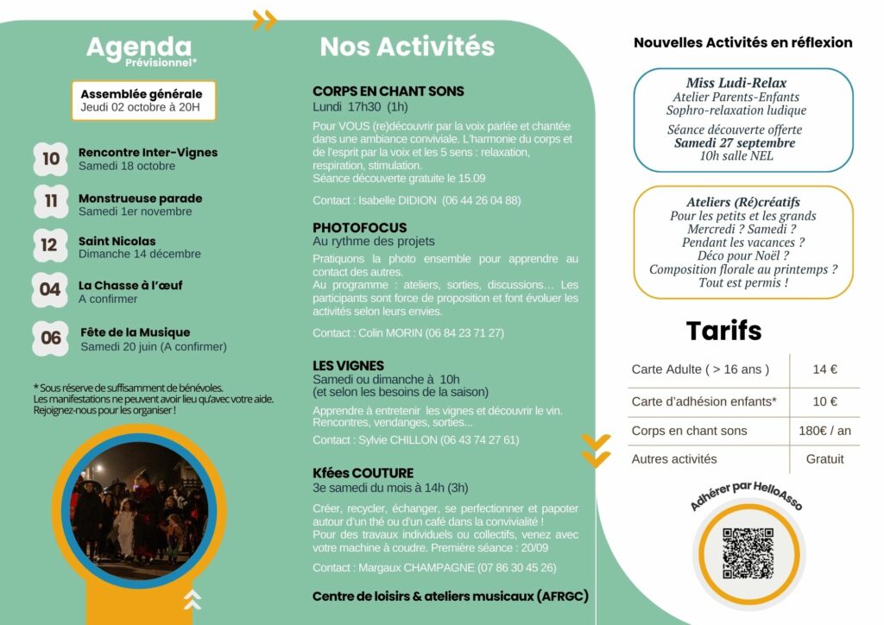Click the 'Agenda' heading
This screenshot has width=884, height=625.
(x=138, y=47)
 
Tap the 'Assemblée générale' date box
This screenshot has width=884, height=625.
(x=142, y=101)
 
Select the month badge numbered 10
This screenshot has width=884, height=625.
(x=51, y=159)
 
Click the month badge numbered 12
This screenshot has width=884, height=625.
(x=49, y=246)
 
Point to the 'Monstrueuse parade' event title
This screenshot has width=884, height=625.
(x=140, y=198)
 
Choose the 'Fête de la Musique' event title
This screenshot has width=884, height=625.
(x=135, y=332)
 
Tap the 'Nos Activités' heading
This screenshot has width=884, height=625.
(x=407, y=47)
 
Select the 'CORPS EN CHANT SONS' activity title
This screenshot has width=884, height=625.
(x=388, y=92)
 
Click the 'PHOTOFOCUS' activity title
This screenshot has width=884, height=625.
(x=359, y=228)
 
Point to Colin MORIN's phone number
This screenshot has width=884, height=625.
(x=462, y=332)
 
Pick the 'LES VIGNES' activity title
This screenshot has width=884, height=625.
(x=348, y=366)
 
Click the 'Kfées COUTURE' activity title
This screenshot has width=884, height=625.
(x=363, y=473)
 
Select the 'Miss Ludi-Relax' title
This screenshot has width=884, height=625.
(x=736, y=83)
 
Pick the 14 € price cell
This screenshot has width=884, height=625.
(x=824, y=369)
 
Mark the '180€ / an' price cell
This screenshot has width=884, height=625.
(x=824, y=431)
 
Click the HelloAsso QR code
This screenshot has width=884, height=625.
(x=747, y=553)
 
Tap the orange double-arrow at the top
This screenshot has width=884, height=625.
(x=264, y=20)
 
